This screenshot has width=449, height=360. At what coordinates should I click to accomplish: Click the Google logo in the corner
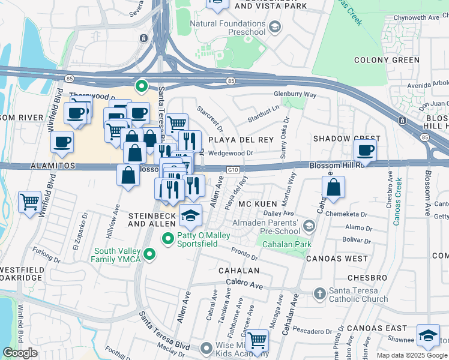(20, 353)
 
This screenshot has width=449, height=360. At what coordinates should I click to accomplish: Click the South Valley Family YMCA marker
(149, 255)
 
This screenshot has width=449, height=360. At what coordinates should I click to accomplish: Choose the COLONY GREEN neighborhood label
(387, 60)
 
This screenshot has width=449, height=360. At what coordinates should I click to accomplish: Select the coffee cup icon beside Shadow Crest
(365, 151)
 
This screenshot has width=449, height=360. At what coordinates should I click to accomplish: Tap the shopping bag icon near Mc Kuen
(333, 188)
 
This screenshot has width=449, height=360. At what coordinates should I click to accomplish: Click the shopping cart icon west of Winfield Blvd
(29, 202)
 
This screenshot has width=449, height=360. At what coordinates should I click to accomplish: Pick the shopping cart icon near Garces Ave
(257, 341)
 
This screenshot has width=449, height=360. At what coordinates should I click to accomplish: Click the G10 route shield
(234, 170)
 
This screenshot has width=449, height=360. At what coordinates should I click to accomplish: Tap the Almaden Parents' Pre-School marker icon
(309, 226)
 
